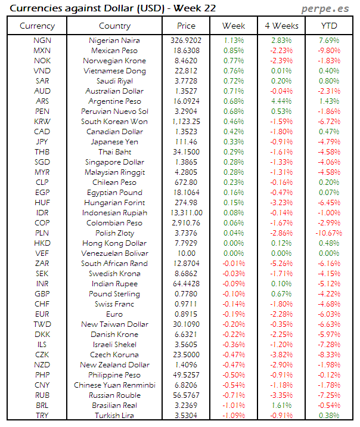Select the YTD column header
330,26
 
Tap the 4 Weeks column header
281,26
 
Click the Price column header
187,26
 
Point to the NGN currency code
42,41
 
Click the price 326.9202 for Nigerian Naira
187,41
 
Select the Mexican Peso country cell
115,51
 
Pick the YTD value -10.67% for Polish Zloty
330,233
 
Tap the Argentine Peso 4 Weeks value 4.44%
281,101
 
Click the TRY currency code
42,416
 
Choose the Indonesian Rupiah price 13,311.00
187,213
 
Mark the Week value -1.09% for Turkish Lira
234,416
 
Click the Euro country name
115,314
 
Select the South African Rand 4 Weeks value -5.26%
281,264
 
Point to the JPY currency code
42,142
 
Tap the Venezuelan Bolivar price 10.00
187,253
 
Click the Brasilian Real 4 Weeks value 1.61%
281,406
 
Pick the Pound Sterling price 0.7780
187,294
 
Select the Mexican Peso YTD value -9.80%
330,51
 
